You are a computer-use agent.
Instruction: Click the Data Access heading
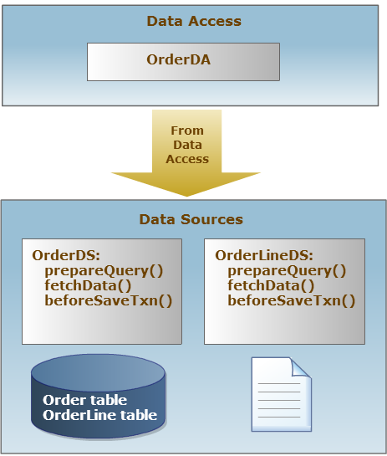194,21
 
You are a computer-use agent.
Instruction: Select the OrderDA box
183,62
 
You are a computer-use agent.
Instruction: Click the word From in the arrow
187,131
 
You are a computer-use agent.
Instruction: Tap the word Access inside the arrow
187,159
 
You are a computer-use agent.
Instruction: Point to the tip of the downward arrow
186,197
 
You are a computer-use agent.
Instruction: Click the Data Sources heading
191,219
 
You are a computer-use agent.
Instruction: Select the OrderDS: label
66,255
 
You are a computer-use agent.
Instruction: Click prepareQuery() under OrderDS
104,271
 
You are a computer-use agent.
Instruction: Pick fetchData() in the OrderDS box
88,285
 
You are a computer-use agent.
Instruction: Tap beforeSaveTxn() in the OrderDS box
109,300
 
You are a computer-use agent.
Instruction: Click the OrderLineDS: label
264,255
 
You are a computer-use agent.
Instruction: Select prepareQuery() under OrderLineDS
287,271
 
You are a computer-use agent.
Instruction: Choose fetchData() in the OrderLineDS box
271,285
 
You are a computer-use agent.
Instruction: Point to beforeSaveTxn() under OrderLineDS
292,300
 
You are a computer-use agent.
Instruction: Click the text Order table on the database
84,400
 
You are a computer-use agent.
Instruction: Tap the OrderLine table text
99,415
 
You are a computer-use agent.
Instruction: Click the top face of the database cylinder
98,372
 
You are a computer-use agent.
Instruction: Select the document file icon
282,394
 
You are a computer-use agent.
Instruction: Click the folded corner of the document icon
301,368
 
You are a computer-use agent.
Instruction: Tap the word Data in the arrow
187,145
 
